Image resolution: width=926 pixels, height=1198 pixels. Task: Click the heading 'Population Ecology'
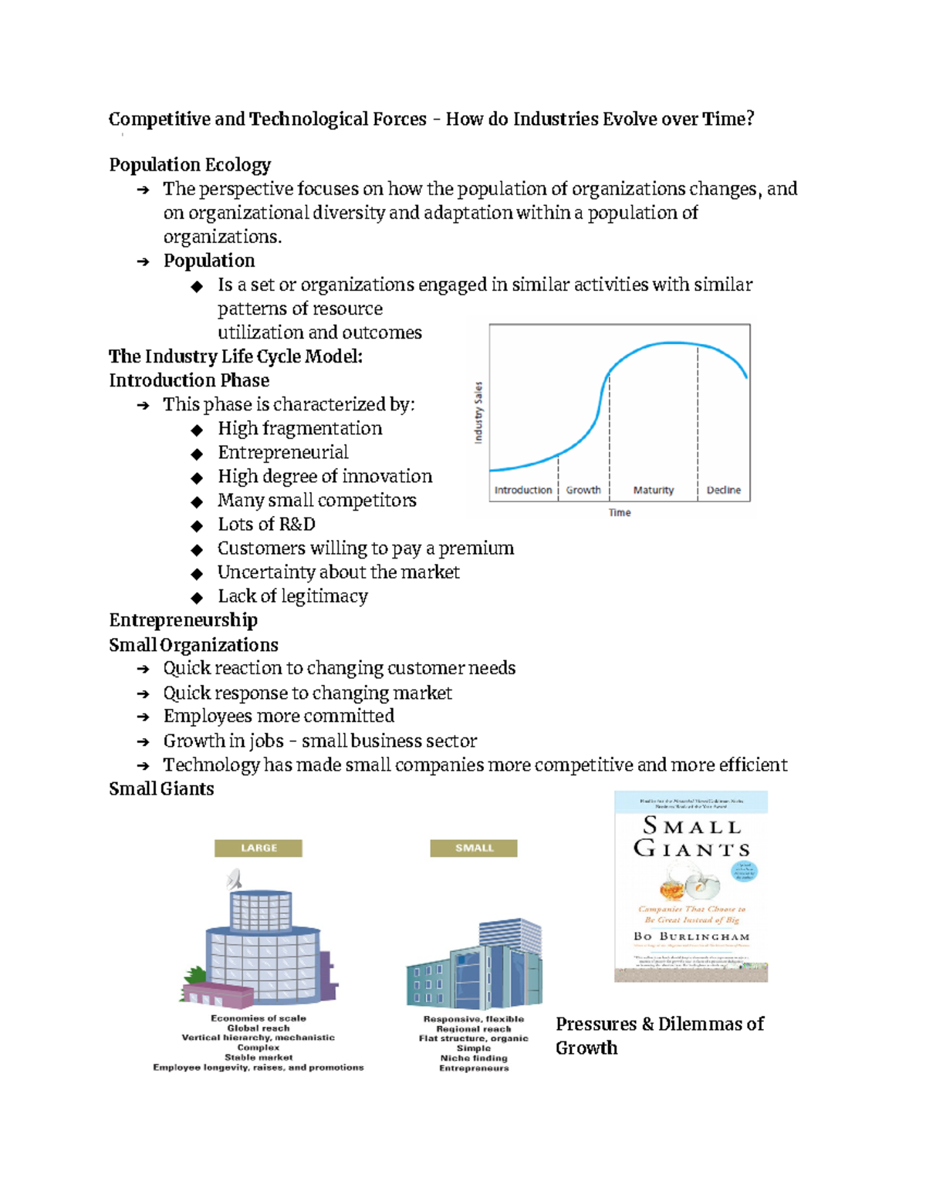190,165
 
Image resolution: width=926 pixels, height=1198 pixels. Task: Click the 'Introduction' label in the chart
522,490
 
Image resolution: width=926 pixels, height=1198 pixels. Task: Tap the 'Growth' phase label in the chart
583,490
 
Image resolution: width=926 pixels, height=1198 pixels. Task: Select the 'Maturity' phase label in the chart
653,490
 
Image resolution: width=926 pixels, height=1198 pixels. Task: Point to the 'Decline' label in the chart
723,490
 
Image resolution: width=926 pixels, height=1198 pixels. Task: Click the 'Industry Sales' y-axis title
478,412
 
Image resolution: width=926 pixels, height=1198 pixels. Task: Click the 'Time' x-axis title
620,512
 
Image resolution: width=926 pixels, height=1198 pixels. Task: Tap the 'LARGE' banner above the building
259,848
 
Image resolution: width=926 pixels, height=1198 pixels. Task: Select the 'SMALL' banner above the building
474,848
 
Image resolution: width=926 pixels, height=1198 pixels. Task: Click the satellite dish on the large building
235,879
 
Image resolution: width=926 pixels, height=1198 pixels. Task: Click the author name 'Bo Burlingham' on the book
691,936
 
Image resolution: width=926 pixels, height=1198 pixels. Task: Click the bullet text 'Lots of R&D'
266,525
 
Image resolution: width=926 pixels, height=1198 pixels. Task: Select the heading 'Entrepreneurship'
183,620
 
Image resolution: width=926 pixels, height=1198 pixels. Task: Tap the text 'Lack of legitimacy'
292,596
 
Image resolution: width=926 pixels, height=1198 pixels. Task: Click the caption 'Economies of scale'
259,1018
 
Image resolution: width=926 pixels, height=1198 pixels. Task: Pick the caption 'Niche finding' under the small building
474,1058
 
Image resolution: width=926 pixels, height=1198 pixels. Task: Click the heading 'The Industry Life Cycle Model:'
235,356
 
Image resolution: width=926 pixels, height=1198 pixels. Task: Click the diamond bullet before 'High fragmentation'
198,430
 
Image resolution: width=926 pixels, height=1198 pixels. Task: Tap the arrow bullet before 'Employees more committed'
143,717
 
